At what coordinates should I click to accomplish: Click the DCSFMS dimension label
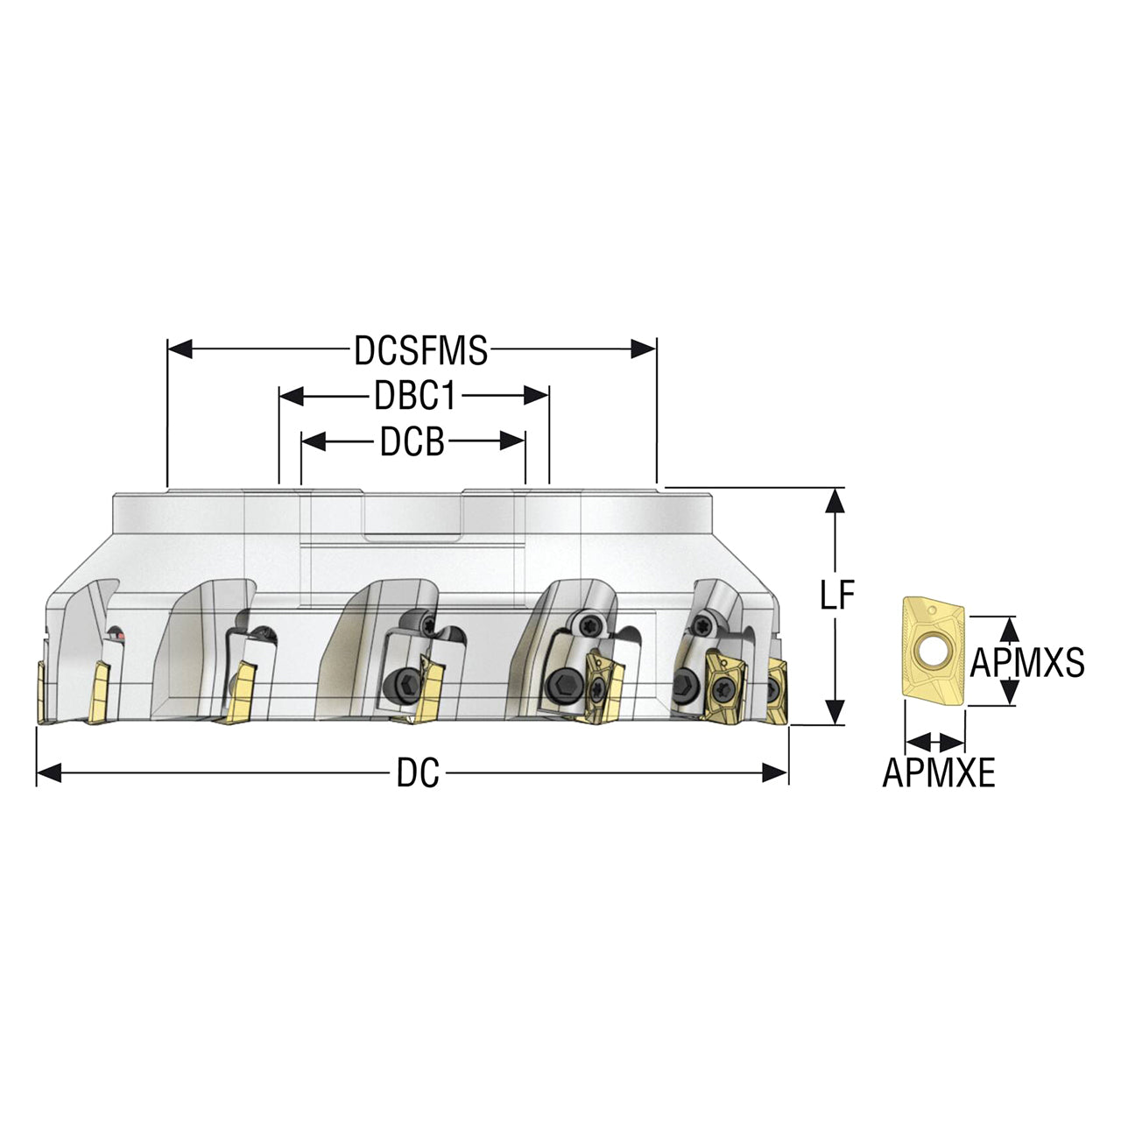pos(421,351)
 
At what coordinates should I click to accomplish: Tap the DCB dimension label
pos(412,442)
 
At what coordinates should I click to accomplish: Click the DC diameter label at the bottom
pos(418,774)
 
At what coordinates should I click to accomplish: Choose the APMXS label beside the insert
pos(1026,662)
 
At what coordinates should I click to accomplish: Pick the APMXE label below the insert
pos(939,773)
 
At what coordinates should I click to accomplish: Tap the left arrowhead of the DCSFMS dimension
pos(180,349)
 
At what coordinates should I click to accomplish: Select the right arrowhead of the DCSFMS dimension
pos(644,349)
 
